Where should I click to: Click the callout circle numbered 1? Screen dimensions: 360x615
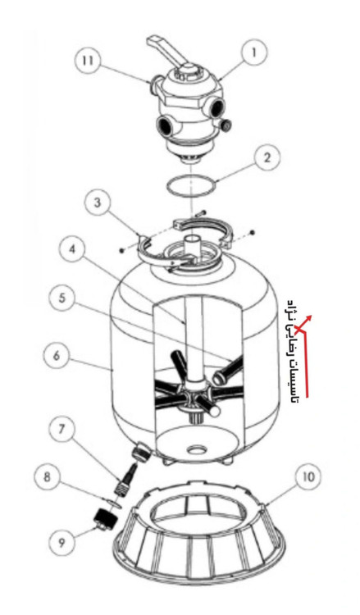(x=253, y=52)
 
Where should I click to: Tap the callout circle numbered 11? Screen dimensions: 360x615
(x=88, y=61)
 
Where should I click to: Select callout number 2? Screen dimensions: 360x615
(x=267, y=158)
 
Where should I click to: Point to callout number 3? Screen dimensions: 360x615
(x=98, y=203)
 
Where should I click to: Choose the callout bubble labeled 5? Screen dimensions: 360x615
(x=62, y=298)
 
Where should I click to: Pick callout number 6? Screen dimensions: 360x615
(x=57, y=356)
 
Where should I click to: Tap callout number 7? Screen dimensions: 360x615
(x=62, y=429)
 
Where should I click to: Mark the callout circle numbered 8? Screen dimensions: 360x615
(x=47, y=478)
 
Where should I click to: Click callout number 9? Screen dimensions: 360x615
(x=62, y=543)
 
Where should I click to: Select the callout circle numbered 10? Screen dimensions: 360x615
(x=308, y=477)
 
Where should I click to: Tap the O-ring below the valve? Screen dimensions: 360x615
(x=191, y=186)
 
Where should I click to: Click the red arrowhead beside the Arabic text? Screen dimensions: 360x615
(x=308, y=318)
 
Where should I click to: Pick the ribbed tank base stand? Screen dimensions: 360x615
(x=198, y=537)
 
